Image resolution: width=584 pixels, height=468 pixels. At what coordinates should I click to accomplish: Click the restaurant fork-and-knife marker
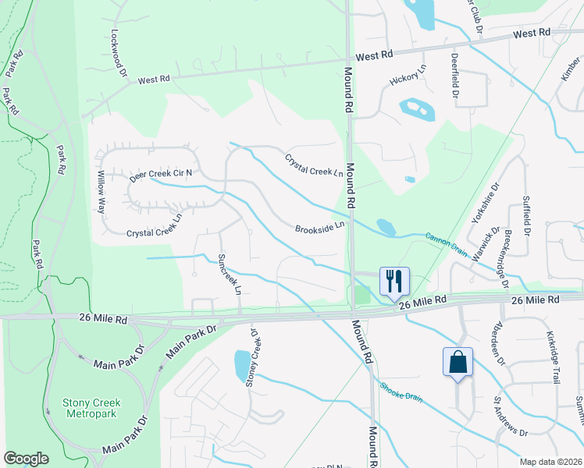394,281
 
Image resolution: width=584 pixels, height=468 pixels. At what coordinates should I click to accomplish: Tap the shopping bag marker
457,361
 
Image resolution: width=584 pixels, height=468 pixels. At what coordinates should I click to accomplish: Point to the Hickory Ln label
409,76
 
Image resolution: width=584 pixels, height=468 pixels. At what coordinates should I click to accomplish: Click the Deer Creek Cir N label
161,173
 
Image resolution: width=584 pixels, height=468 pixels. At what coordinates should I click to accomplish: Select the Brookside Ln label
319,227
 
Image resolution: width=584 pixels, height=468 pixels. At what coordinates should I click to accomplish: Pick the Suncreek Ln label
230,273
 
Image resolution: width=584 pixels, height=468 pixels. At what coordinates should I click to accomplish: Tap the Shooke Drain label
401,392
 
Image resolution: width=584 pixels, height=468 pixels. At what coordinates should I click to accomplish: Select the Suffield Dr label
526,216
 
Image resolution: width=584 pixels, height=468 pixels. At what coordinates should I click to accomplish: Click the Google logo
26,459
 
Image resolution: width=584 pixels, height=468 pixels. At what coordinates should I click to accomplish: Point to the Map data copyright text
550,462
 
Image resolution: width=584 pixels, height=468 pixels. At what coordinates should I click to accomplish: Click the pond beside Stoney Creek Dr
242,363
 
